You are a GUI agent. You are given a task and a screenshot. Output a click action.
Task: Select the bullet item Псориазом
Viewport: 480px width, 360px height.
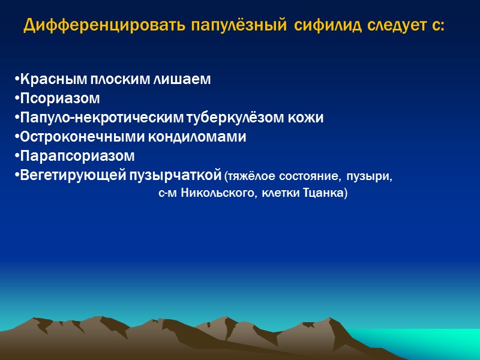(x=58, y=98)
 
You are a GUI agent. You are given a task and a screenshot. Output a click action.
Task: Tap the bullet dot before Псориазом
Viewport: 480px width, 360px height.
(x=16, y=98)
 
